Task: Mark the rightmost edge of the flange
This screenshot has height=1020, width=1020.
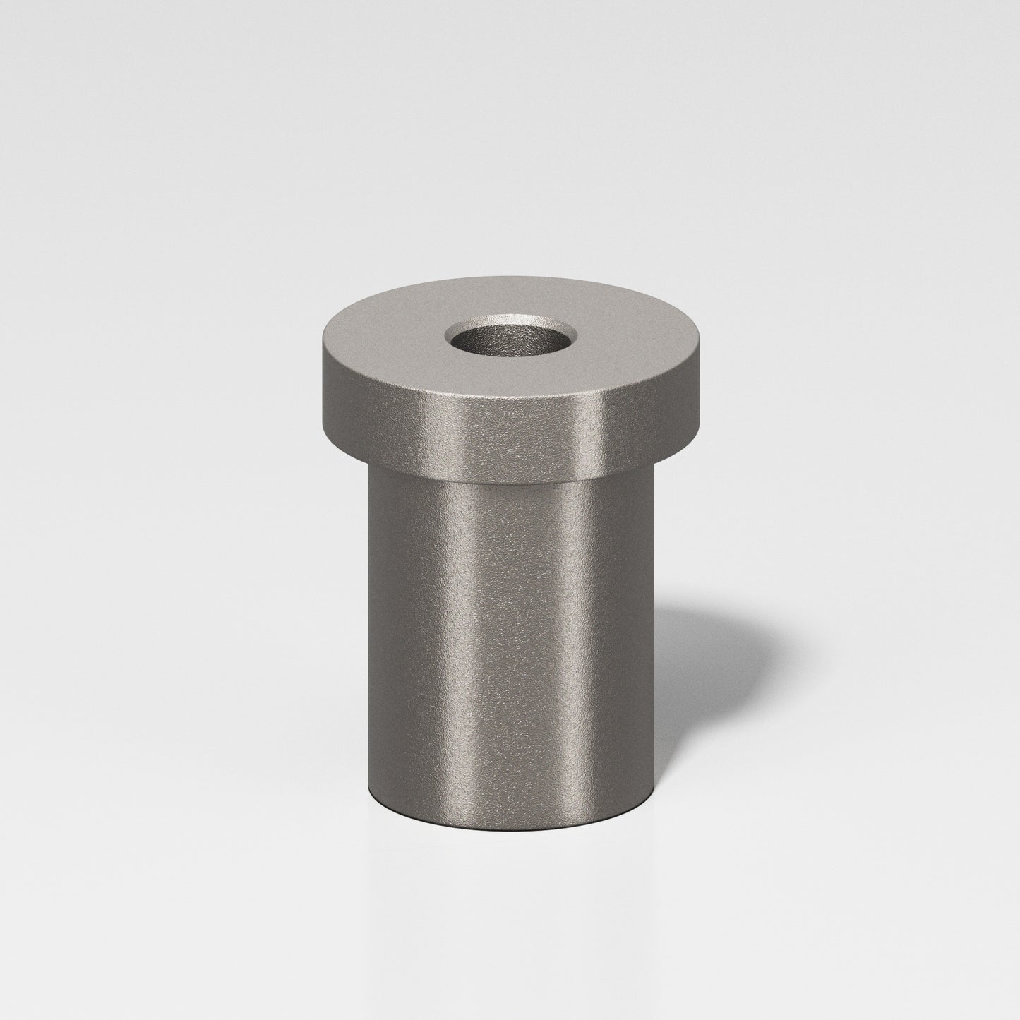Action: point(707,385)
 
